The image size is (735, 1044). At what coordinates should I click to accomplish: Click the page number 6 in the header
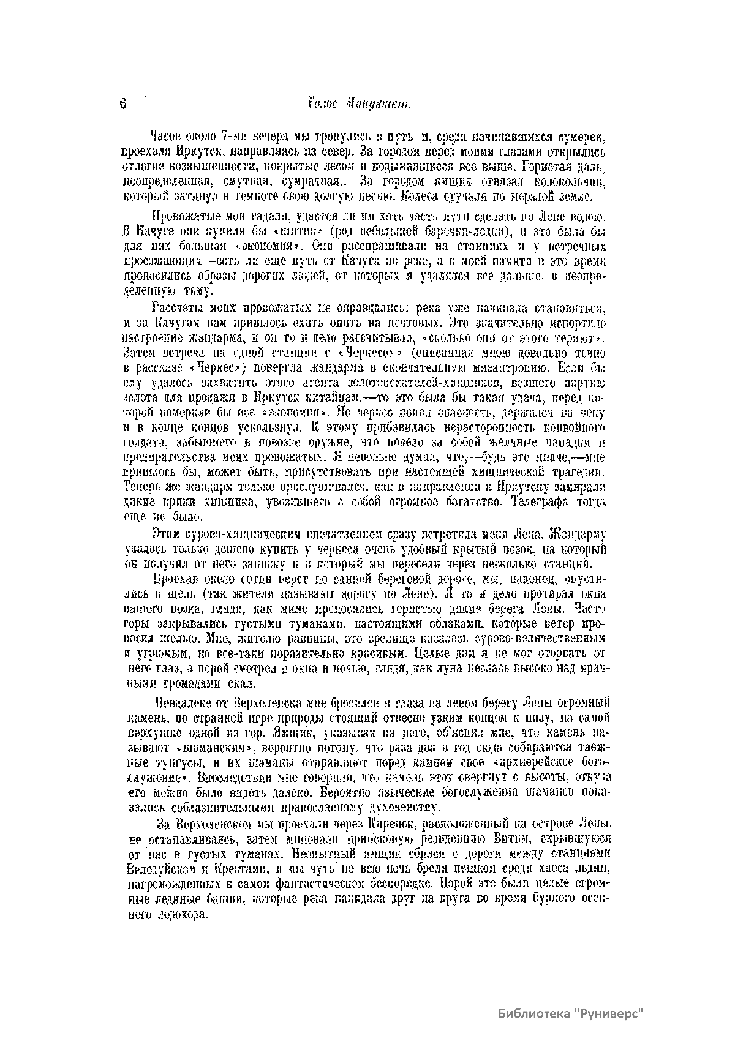click(123, 104)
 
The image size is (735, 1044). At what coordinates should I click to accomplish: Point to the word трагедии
click(578, 473)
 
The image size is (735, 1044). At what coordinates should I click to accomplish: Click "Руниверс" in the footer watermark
click(610, 1013)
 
